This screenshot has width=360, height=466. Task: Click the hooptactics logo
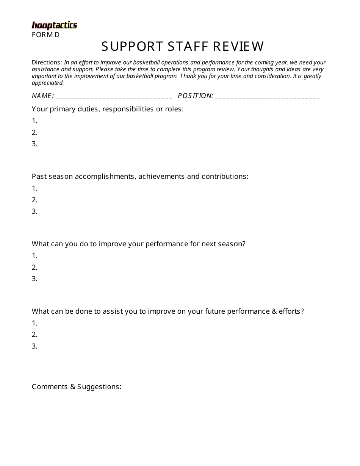pyautogui.click(x=54, y=25)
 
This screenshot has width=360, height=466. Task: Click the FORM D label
pyautogui.click(x=45, y=35)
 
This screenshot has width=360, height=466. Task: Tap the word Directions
pyautogui.click(x=46, y=63)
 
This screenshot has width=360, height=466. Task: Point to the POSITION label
pyautogui.click(x=195, y=96)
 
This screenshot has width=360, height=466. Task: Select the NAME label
pyautogui.click(x=42, y=96)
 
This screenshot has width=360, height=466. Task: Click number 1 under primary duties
pyautogui.click(x=34, y=121)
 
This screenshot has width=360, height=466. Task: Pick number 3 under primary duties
pyautogui.click(x=34, y=144)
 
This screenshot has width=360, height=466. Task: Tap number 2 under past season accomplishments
pyautogui.click(x=34, y=200)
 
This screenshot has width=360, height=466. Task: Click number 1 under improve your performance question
pyautogui.click(x=34, y=256)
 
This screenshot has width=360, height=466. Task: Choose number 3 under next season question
pyautogui.click(x=34, y=279)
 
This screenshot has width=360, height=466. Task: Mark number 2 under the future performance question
pyautogui.click(x=34, y=335)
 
